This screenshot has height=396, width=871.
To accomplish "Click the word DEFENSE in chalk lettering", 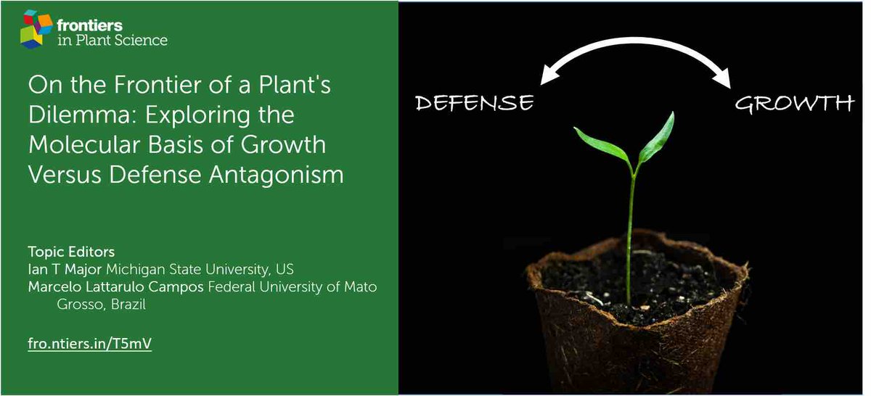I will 475,103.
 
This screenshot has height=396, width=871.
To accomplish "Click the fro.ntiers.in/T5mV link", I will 89,344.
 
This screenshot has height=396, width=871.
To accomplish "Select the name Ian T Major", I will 64,269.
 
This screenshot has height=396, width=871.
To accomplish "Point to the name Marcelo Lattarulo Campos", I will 116,286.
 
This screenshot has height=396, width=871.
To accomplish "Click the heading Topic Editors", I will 70,252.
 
